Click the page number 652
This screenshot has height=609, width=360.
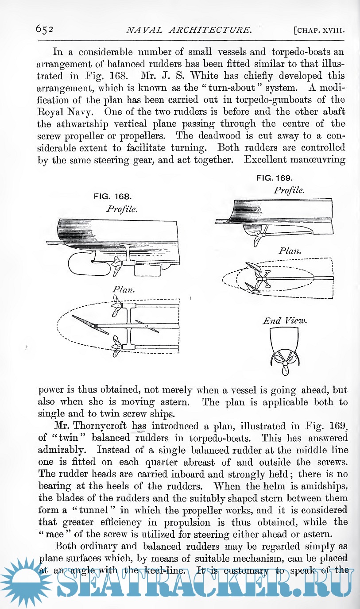(45, 29)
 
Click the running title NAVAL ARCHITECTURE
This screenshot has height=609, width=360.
(189, 30)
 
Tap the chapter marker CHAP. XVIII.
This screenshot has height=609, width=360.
(319, 31)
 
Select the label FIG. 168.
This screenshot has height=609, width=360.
(112, 196)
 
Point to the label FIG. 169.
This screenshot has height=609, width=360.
(275, 178)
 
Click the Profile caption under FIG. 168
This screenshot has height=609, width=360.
(122, 208)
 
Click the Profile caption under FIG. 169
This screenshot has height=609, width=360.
(289, 190)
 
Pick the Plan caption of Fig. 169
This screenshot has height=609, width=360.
(290, 251)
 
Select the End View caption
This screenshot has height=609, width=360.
(285, 320)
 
